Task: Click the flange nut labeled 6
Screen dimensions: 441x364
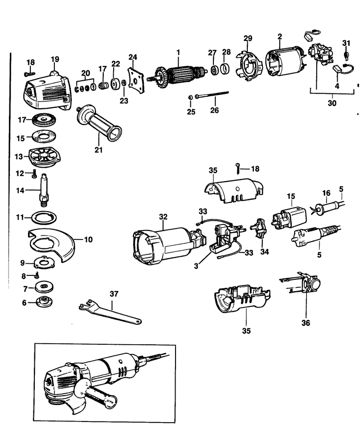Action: (x=44, y=302)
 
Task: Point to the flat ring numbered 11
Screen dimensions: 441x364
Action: (x=44, y=218)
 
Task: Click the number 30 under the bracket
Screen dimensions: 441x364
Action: (x=332, y=103)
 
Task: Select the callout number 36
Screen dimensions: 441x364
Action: (x=305, y=323)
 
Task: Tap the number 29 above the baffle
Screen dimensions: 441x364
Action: (x=248, y=38)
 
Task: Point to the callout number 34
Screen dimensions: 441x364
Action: (x=264, y=252)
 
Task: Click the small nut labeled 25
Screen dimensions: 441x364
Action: (x=190, y=96)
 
